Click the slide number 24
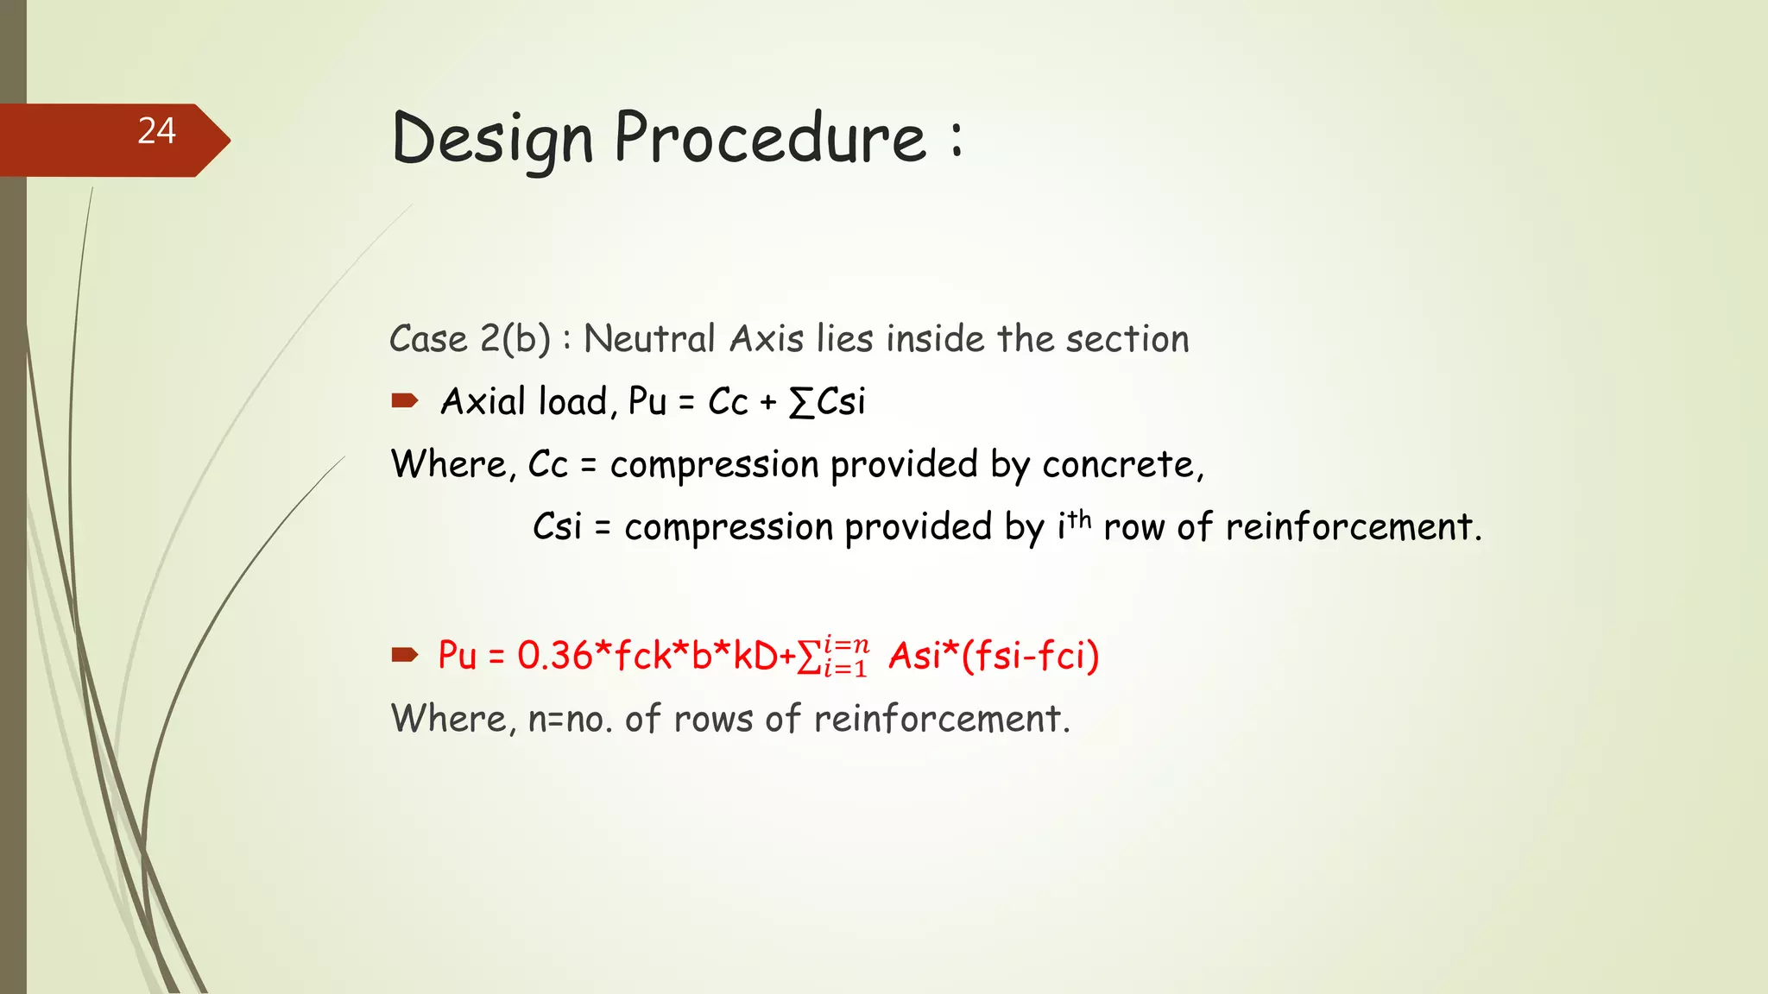[x=156, y=131]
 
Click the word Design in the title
[x=492, y=140]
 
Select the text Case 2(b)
[x=470, y=339]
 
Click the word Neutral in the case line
[x=649, y=339]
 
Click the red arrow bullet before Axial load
[x=404, y=400]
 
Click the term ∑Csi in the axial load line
[x=827, y=402]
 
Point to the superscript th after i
[x=1080, y=519]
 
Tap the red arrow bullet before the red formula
[x=404, y=655]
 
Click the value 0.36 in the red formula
[x=555, y=656]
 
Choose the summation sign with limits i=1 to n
[x=831, y=657]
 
